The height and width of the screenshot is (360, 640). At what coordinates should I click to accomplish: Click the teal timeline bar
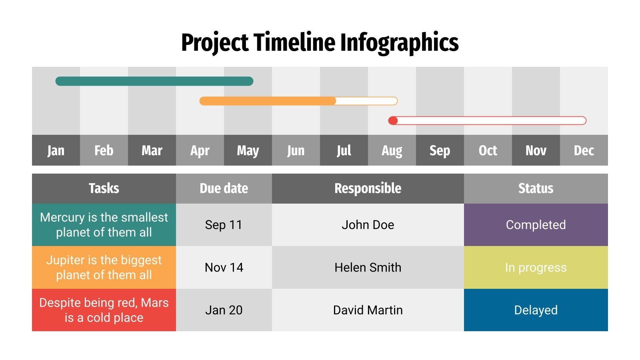(x=154, y=81)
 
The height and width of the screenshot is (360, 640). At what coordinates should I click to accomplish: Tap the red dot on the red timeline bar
(x=393, y=120)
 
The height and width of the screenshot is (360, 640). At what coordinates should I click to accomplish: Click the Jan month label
(x=56, y=150)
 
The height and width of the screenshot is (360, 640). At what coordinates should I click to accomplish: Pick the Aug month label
(x=392, y=150)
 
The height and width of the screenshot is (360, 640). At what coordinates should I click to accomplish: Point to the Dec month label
(x=584, y=150)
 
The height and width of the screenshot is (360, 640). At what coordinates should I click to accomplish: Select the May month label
(x=248, y=150)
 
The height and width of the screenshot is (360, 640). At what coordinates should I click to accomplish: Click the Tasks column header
(x=104, y=188)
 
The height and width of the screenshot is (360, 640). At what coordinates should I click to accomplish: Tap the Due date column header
(x=224, y=188)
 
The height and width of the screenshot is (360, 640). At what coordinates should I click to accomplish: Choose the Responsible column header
(x=368, y=188)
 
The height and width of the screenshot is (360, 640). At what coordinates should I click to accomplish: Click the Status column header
(x=536, y=188)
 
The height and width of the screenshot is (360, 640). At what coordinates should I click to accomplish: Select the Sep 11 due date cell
(x=224, y=225)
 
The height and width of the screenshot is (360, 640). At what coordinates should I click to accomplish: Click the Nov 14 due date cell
(x=224, y=267)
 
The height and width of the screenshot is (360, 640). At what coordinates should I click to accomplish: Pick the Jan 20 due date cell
(x=224, y=310)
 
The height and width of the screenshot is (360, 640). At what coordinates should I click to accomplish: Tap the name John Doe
(x=368, y=225)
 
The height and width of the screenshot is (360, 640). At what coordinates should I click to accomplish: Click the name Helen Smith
(x=368, y=267)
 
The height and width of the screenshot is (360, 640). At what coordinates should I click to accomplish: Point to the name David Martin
(x=368, y=310)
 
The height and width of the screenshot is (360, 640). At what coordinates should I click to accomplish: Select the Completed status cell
(x=536, y=225)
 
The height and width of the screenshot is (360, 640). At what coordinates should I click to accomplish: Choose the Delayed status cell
(x=536, y=310)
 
